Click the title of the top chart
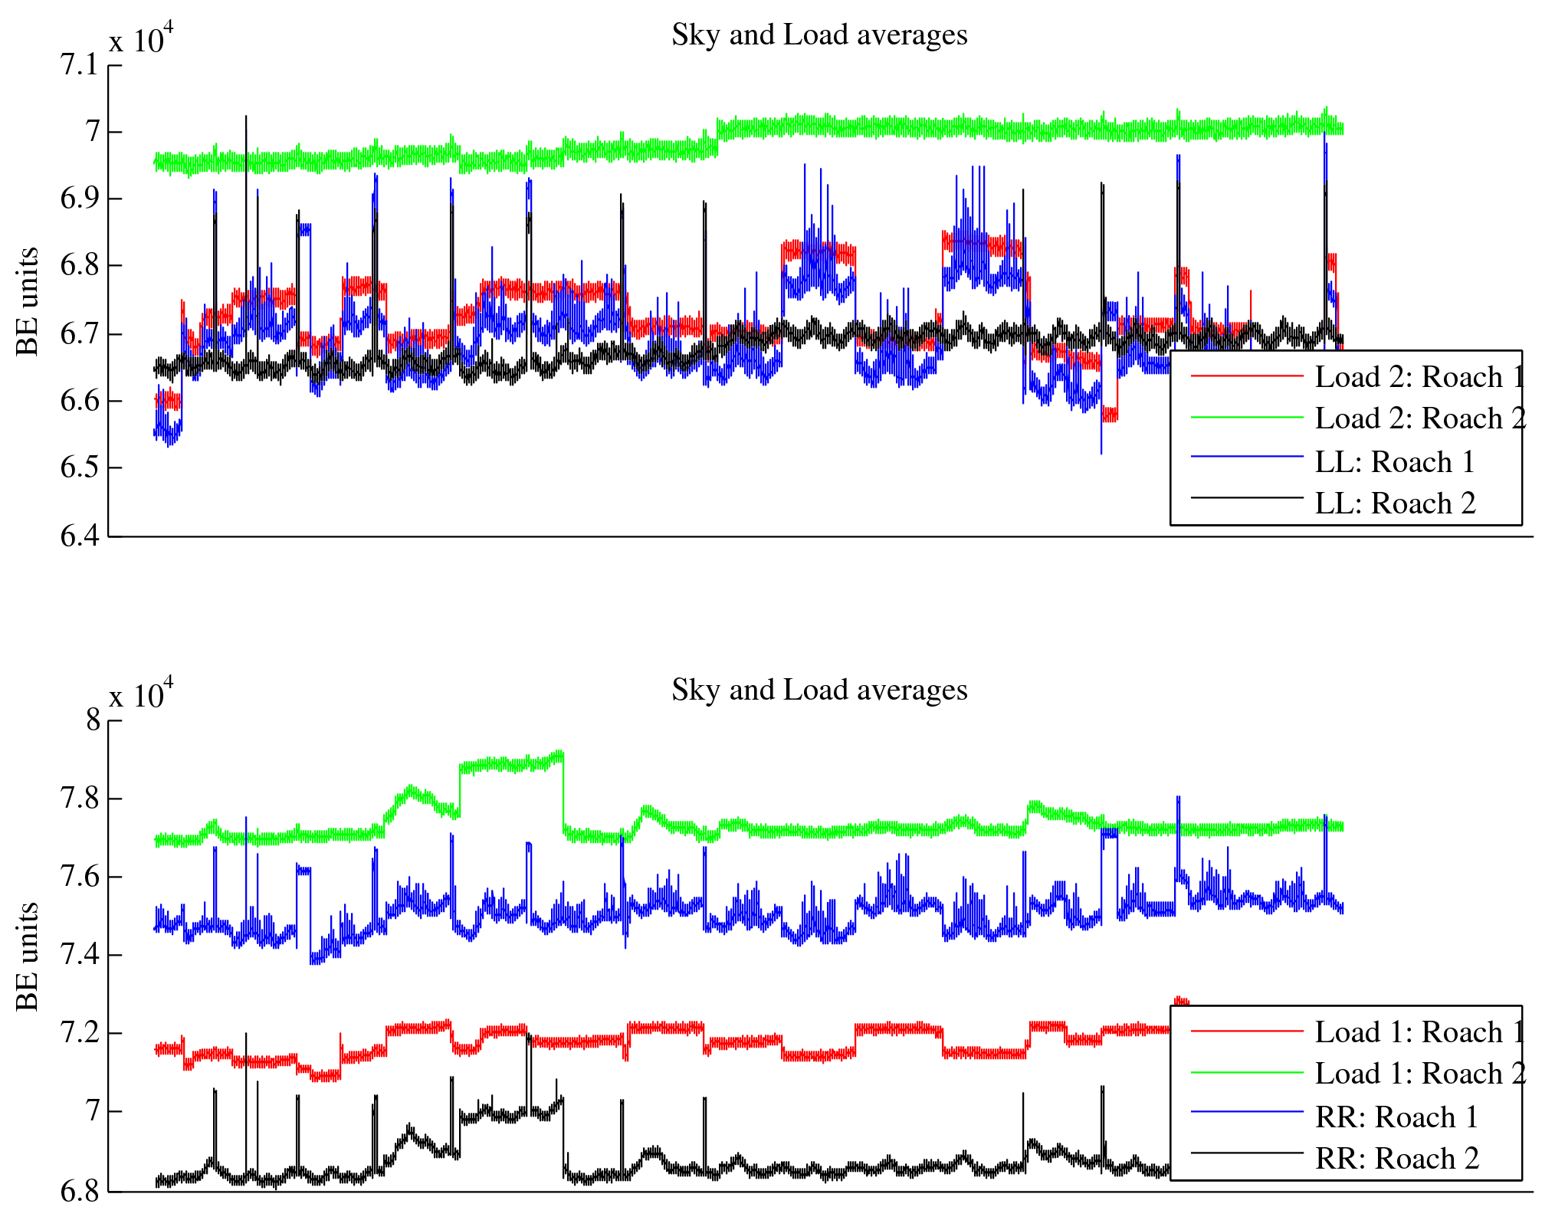coord(819,35)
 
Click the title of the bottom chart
coord(819,690)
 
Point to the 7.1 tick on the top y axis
coord(80,65)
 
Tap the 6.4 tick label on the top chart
coord(80,536)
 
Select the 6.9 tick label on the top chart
coord(80,199)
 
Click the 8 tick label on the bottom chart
coord(93,720)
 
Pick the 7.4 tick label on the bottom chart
coord(80,955)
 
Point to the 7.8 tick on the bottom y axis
coord(80,799)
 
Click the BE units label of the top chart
coord(27,301)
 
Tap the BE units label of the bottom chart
coord(27,956)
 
